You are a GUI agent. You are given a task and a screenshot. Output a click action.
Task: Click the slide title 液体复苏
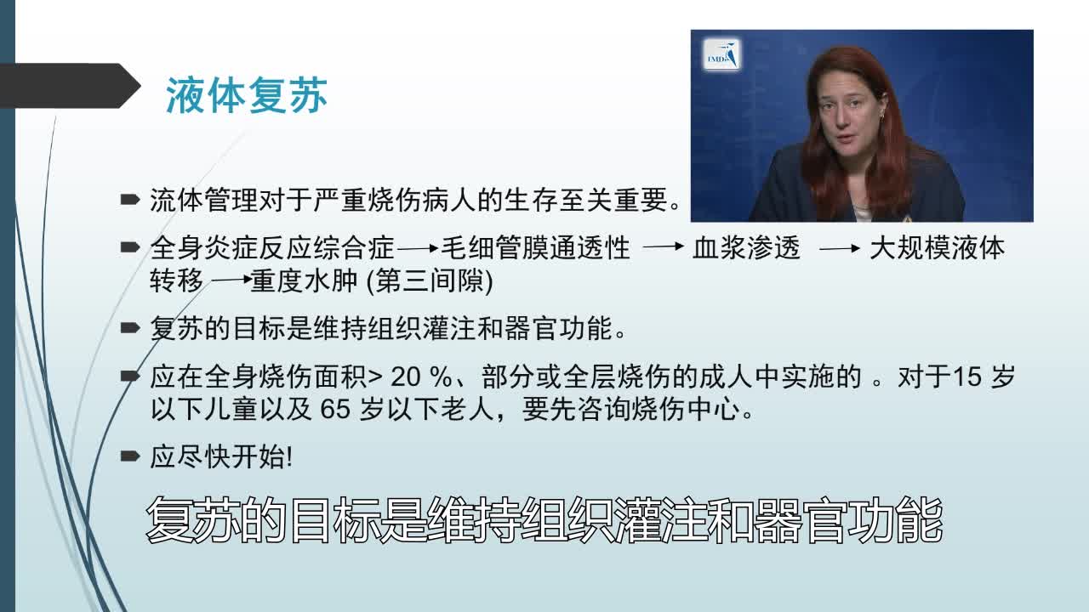pos(247,96)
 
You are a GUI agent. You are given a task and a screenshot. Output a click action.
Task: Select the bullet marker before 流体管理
pos(130,201)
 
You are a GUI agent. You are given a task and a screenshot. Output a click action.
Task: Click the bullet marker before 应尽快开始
pos(130,457)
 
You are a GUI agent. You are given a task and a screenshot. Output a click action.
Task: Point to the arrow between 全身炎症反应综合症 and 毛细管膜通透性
pos(418,249)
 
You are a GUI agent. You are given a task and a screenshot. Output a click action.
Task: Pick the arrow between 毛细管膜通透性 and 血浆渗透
pos(664,247)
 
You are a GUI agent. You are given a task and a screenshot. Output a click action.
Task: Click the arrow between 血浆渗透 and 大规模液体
pos(840,249)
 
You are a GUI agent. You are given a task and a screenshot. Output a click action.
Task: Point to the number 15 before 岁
pos(967,377)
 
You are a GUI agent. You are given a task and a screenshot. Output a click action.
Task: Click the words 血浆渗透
pos(747,248)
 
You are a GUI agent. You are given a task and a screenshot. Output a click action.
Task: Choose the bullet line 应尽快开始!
pos(221,457)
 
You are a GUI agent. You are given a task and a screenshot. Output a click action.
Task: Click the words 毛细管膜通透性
pos(536,248)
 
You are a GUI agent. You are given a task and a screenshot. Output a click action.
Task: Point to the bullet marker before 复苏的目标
pos(130,328)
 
